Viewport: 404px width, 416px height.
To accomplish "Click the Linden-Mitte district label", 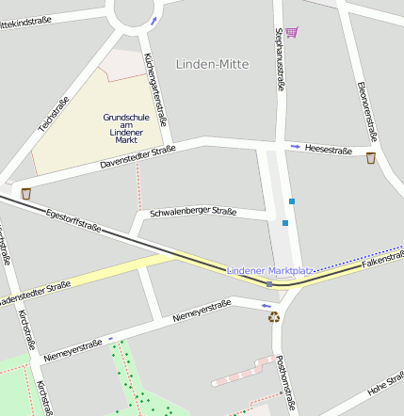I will coord(213,64).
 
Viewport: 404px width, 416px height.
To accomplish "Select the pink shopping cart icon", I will coord(291,32).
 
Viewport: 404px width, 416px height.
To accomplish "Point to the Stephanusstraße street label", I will coord(279,59).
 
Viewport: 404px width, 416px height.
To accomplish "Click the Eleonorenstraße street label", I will coord(366,111).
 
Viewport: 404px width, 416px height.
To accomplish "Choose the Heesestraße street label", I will coord(329,150).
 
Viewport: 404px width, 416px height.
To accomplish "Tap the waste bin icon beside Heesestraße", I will coord(371,158).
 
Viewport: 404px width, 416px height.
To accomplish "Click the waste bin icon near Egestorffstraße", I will coord(26,193).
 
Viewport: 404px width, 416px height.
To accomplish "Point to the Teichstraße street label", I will coord(54,113).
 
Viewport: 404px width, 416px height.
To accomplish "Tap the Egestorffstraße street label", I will coord(73,218).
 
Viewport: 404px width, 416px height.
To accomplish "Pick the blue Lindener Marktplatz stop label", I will coord(269,271).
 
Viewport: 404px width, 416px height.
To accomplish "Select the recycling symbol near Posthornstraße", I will coord(274,317).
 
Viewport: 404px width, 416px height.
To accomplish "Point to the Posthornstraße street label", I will coord(282,375).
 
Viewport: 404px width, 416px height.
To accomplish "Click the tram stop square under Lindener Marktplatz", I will coord(269,283).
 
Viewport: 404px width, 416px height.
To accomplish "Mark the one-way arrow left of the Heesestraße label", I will coord(295,147).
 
